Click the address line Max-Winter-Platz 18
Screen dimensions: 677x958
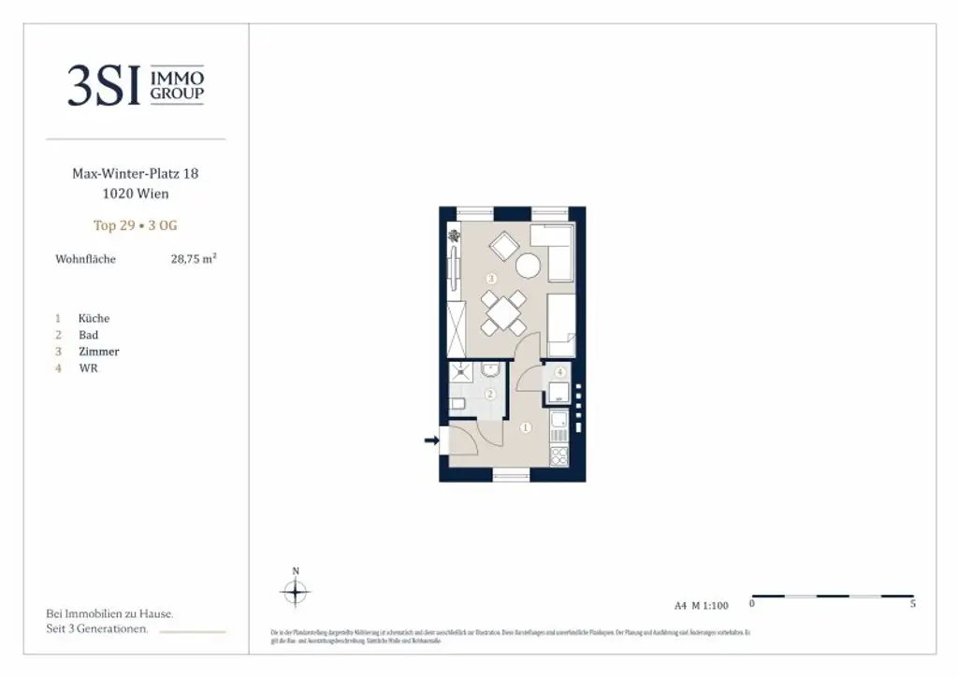(136, 174)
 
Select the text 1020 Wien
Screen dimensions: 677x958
(136, 194)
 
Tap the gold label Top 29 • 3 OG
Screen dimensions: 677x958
(136, 225)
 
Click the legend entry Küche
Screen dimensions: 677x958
(94, 319)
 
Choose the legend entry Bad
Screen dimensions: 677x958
(88, 335)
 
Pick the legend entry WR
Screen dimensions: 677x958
(88, 368)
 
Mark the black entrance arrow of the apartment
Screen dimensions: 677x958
(432, 440)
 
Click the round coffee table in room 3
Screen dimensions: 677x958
(529, 266)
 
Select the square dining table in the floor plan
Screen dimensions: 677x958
(503, 312)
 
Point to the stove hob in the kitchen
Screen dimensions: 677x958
(559, 456)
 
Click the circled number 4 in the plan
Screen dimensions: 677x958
(559, 372)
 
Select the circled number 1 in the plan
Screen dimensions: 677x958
(526, 428)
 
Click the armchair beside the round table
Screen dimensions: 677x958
(503, 247)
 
